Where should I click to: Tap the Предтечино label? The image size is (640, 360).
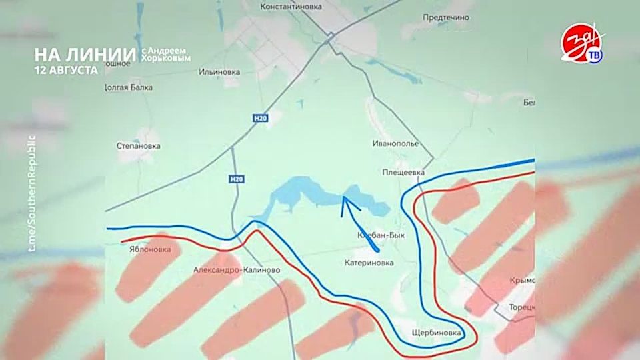click(x=446, y=18)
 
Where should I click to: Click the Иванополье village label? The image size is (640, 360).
click(x=395, y=143)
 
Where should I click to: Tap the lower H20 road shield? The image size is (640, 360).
click(x=235, y=179)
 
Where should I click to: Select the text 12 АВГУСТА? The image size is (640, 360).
click(x=67, y=69)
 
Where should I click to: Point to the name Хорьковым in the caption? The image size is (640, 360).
click(x=166, y=59)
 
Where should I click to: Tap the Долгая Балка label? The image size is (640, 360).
click(x=129, y=87)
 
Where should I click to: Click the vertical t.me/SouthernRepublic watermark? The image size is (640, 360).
click(x=31, y=193)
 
